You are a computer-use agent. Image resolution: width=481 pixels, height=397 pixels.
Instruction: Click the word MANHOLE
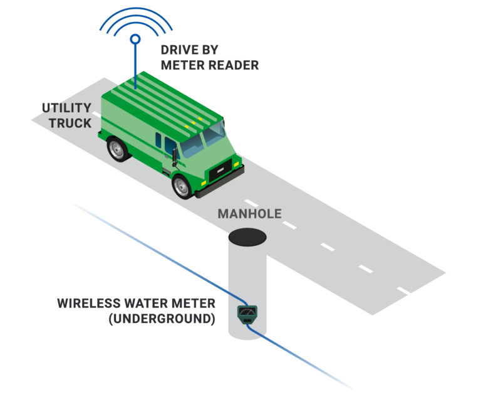click(x=249, y=214)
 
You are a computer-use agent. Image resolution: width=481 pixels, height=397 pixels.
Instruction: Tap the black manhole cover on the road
click(x=249, y=236)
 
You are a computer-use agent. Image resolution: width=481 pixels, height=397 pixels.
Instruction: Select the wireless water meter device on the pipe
click(x=247, y=313)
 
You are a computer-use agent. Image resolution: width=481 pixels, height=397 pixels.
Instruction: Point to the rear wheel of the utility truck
click(x=117, y=149)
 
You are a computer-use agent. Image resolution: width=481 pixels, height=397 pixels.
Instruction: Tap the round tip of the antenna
click(x=134, y=39)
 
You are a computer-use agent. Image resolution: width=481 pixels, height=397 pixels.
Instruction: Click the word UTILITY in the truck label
click(x=66, y=107)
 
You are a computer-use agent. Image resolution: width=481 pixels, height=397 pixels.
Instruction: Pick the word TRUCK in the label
click(x=70, y=123)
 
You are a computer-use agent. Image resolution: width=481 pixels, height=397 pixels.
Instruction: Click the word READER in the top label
click(x=233, y=65)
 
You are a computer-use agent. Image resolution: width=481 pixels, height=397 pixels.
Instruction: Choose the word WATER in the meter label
click(x=145, y=304)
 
